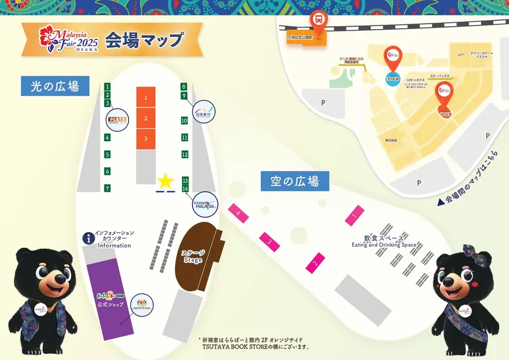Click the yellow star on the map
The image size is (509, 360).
165,181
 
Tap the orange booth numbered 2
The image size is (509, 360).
145,118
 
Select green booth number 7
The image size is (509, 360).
107,188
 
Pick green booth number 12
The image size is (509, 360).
185,155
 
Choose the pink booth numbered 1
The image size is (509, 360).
355,213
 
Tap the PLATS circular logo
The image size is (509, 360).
117,119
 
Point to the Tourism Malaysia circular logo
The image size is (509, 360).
205,205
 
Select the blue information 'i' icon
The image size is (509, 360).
89,238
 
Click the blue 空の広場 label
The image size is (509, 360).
294,181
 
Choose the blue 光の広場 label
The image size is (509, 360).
55,86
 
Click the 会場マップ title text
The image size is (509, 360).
144,40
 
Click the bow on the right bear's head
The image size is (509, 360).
471,252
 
